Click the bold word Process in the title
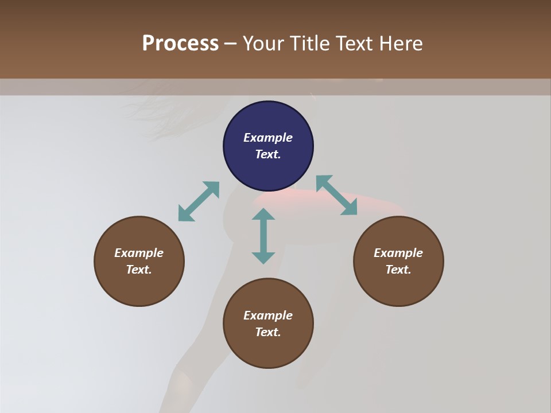(x=180, y=44)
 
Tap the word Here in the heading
(x=401, y=44)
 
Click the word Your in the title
(x=263, y=44)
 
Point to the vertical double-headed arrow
(x=263, y=236)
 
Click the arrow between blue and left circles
(x=199, y=201)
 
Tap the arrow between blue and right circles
(x=337, y=195)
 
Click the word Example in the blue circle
(x=268, y=138)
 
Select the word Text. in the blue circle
(x=268, y=154)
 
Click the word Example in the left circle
(x=139, y=253)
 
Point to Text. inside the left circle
(x=139, y=270)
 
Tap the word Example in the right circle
(x=398, y=253)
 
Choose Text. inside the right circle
(x=398, y=270)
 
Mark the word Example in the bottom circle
(x=268, y=315)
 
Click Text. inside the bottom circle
(x=268, y=332)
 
